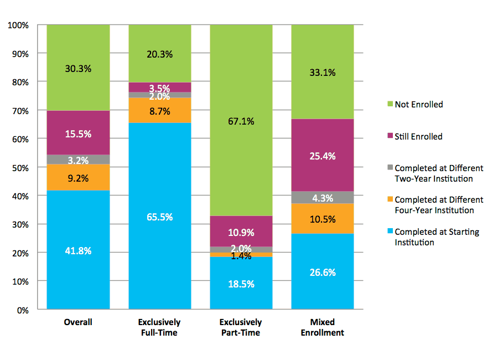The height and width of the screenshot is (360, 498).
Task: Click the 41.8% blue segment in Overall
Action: coord(78,250)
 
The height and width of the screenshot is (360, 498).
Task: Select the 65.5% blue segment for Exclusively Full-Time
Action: coord(160,216)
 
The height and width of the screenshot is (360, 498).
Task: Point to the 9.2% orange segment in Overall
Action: coord(78,177)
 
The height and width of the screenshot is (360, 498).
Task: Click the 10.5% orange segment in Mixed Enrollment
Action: coord(323,218)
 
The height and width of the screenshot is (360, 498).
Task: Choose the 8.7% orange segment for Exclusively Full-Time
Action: coord(160,110)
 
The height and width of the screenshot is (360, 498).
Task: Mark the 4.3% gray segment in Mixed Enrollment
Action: coord(323,197)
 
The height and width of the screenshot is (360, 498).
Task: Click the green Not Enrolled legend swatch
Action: coord(389,104)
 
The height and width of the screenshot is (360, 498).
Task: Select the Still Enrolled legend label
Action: coord(418,136)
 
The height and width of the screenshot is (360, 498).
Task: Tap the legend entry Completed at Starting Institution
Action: coord(437,237)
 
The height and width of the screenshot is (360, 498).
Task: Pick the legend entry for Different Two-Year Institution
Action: coord(439,173)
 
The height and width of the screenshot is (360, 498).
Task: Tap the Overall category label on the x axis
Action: coord(78,322)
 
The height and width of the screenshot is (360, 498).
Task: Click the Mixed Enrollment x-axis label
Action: coord(323,327)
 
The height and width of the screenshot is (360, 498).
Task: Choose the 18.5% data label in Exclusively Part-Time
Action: coord(241,284)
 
